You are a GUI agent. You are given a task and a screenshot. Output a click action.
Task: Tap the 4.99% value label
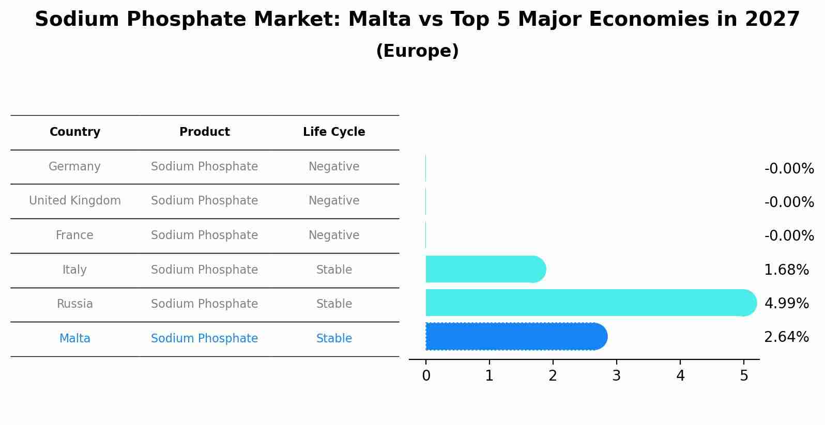[786, 304]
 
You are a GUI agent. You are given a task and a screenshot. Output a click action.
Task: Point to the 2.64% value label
[786, 337]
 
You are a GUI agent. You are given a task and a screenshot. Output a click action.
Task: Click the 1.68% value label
[786, 270]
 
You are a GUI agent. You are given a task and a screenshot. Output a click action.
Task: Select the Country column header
[75, 132]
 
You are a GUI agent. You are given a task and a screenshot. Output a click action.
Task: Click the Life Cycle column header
[334, 132]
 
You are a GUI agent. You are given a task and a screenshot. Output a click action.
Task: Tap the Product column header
[205, 132]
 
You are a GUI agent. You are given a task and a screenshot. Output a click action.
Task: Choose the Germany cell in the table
[74, 167]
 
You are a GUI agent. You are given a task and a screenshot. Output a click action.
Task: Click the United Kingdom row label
[75, 201]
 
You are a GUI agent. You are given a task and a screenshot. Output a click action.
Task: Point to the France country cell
[74, 235]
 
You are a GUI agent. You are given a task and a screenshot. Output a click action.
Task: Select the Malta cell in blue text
[75, 339]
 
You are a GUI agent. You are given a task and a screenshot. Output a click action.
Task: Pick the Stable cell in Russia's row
[334, 304]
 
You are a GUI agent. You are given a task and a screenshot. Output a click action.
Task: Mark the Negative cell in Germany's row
[334, 167]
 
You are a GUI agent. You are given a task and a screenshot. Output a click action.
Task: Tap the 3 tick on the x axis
[616, 376]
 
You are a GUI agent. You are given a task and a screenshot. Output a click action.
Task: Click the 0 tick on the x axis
[426, 376]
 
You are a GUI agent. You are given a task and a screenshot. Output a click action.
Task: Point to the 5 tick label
[744, 376]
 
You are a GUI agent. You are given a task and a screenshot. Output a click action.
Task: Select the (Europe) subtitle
[417, 51]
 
